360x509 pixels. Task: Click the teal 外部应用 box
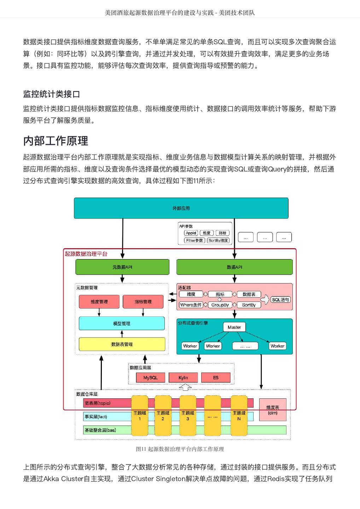click(181, 208)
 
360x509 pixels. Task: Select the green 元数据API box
click(122, 267)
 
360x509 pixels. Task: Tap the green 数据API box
click(234, 267)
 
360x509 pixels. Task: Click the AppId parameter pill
click(191, 233)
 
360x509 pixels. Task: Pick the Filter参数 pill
click(194, 240)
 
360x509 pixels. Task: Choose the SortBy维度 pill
click(218, 240)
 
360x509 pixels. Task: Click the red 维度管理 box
click(99, 302)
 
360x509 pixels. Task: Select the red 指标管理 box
click(143, 302)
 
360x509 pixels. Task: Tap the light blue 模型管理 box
click(122, 323)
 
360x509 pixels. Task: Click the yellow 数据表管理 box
click(122, 344)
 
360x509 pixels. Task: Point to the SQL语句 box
click(280, 300)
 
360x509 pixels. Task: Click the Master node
click(234, 327)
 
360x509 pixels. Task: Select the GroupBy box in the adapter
click(220, 305)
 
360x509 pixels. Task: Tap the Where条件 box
click(191, 305)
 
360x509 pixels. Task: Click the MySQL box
click(150, 378)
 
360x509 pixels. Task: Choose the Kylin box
click(183, 378)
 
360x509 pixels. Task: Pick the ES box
click(216, 378)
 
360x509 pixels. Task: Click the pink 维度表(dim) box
click(273, 410)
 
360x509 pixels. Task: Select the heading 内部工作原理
click(56, 141)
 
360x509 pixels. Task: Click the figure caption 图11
click(180, 449)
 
